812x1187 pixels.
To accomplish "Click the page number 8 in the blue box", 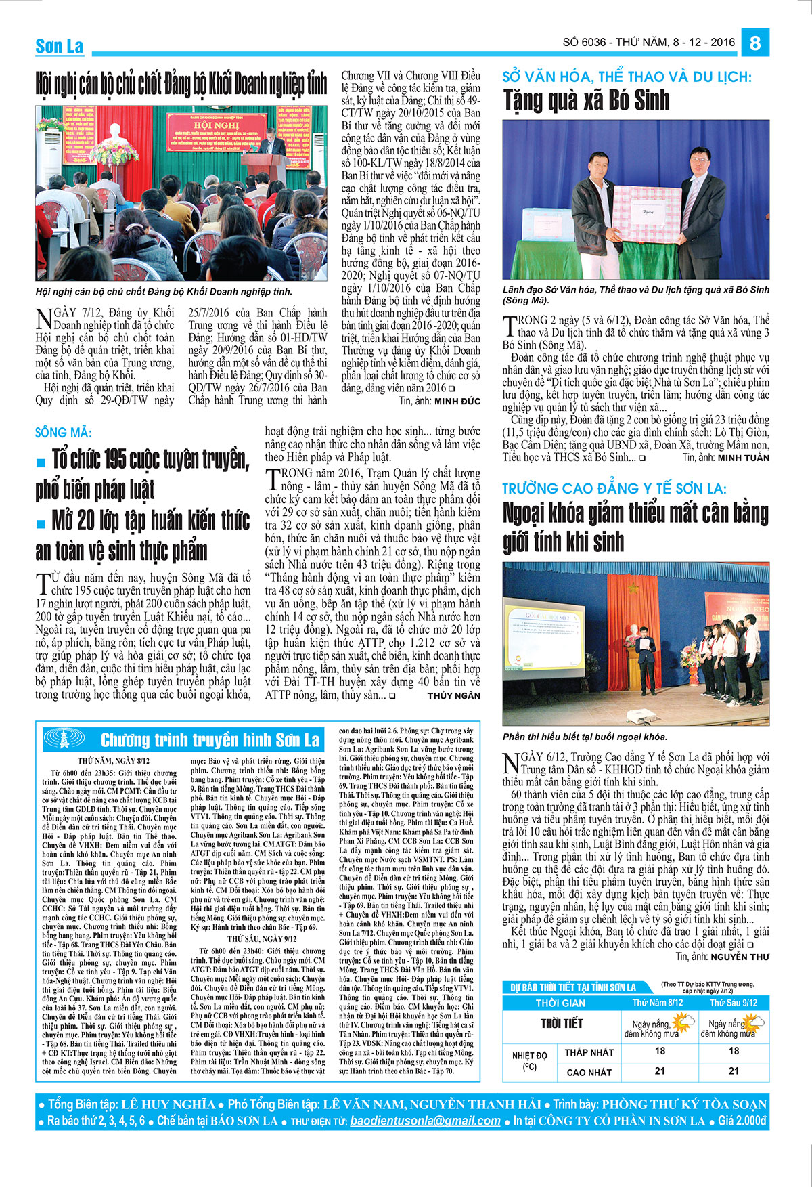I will click(x=754, y=43).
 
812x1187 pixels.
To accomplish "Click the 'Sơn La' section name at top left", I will click(x=59, y=46).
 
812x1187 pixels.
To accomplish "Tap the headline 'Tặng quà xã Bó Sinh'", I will click(x=586, y=101).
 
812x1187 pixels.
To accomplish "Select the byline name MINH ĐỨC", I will click(x=457, y=401).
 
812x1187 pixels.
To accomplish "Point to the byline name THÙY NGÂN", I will click(x=453, y=695).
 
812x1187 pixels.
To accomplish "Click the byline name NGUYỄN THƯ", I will click(x=740, y=957).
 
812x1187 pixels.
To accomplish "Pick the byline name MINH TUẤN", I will click(x=743, y=458).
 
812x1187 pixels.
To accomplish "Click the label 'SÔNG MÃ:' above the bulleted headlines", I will click(x=63, y=432).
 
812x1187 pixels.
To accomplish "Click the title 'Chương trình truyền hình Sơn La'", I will click(x=210, y=739).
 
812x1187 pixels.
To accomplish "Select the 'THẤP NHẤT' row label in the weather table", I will click(x=589, y=1052).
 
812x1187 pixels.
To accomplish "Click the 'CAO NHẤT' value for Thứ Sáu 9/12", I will click(x=734, y=1071).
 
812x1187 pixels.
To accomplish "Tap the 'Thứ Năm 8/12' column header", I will click(x=657, y=1003).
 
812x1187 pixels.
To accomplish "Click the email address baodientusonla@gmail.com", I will click(x=425, y=1120).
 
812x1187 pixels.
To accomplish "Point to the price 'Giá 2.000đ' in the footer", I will click(x=742, y=1120).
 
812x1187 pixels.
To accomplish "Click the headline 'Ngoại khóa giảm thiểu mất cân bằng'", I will click(x=635, y=513).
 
